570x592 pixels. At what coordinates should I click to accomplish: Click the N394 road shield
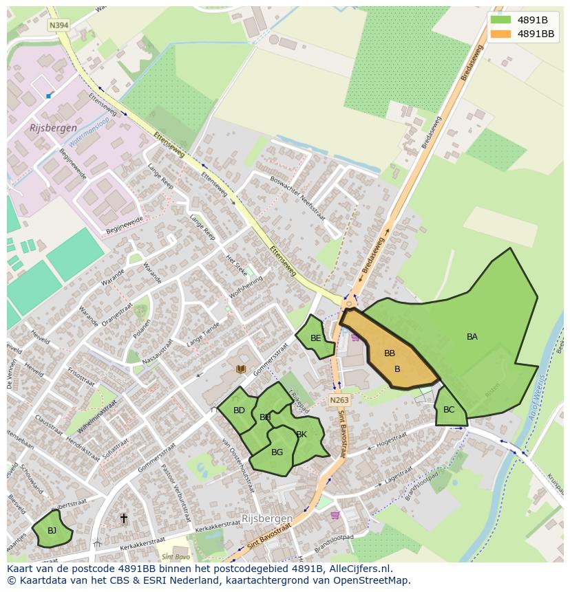click(59, 25)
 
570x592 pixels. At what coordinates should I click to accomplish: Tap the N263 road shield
click(339, 400)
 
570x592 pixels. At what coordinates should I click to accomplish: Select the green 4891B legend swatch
click(500, 19)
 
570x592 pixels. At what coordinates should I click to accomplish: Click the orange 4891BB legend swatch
click(500, 33)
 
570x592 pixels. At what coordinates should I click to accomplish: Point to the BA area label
click(472, 337)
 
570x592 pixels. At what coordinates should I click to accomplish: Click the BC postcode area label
click(449, 410)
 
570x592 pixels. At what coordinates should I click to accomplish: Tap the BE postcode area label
click(315, 338)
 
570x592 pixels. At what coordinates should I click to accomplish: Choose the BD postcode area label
click(239, 410)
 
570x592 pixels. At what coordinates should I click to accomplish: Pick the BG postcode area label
click(277, 452)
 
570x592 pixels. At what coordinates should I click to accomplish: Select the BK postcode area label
click(302, 434)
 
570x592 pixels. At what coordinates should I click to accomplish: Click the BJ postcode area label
click(52, 530)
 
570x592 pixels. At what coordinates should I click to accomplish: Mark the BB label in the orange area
click(390, 353)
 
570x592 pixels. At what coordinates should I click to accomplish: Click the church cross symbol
click(124, 518)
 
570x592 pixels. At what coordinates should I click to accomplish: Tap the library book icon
click(241, 369)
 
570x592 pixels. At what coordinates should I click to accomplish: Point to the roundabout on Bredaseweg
click(349, 303)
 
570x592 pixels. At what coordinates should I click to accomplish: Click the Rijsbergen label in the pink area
click(53, 128)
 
